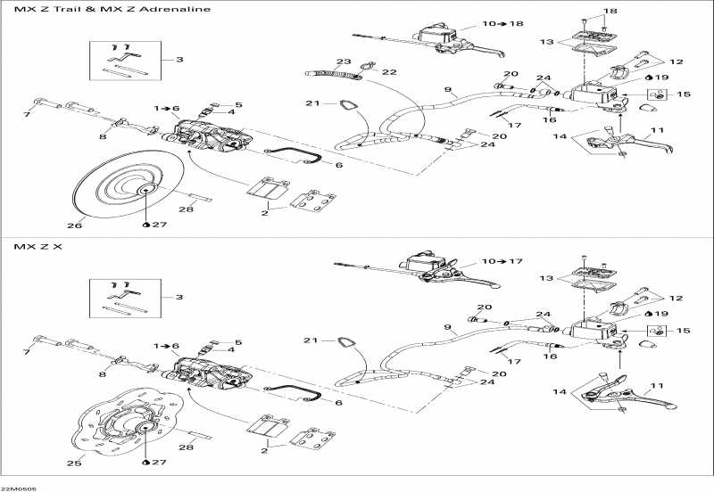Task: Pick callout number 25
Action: point(76,462)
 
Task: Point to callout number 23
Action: point(344,61)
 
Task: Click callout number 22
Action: point(389,71)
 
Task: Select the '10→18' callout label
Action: point(502,23)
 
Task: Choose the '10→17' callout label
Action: point(502,261)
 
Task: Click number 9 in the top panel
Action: point(450,90)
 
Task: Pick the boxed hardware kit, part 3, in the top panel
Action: point(125,60)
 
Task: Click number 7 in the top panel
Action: point(26,113)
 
